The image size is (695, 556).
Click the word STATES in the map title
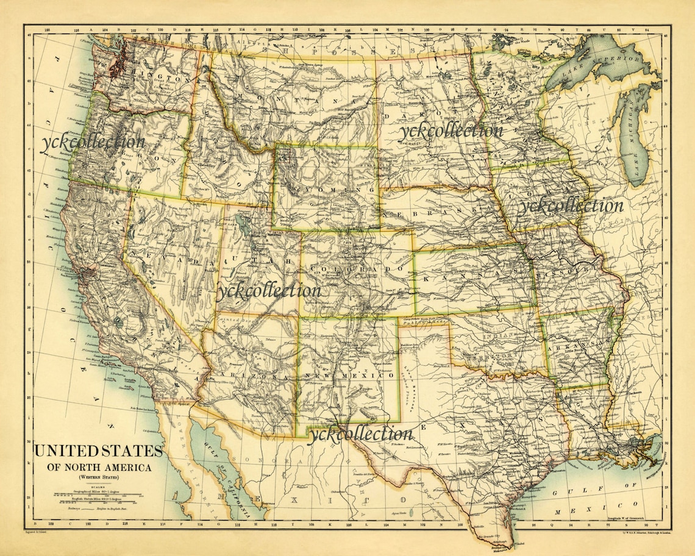(x=128, y=452)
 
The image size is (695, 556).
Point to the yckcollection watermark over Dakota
(x=451, y=130)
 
